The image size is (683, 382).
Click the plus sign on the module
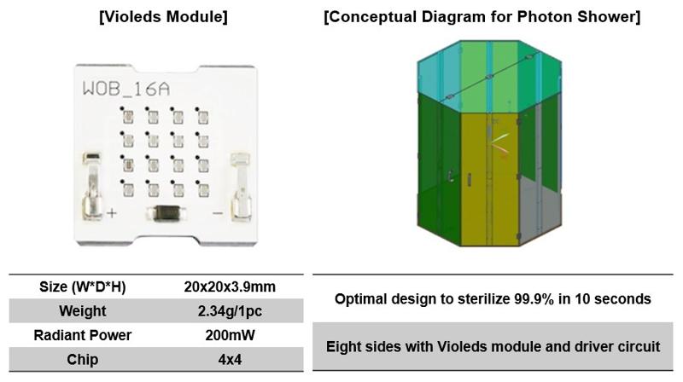point(112,212)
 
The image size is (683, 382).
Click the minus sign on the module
point(217,212)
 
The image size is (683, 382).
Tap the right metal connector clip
point(242,188)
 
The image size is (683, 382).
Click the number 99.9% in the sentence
point(534,299)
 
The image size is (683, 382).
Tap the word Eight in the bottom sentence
point(345,347)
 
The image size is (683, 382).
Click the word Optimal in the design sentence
point(359,299)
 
